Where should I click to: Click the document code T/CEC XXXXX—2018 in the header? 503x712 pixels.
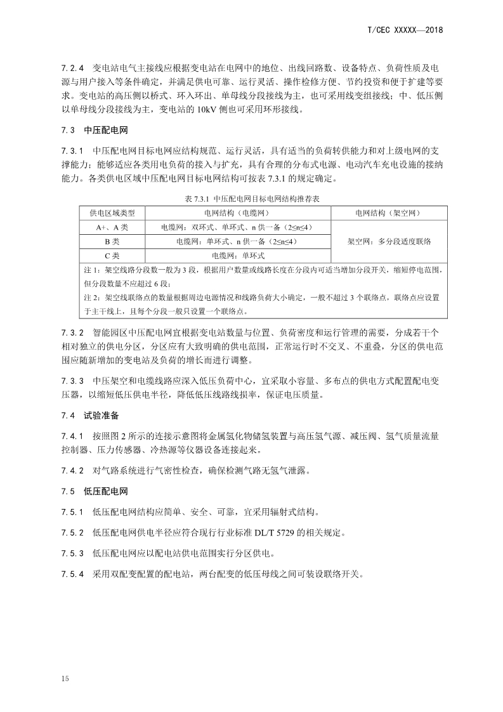tap(405, 29)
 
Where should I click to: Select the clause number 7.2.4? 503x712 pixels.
tap(72, 67)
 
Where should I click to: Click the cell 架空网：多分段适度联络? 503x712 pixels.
tap(389, 242)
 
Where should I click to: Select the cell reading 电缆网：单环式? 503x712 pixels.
tap(238, 256)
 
